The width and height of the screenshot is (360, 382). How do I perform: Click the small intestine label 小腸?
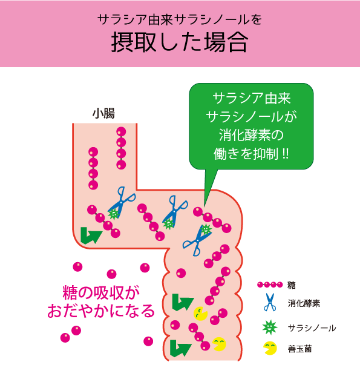pyautogui.click(x=103, y=114)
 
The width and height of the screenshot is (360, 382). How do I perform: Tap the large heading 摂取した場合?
pyautogui.click(x=180, y=42)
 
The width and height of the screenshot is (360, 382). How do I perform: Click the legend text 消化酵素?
pyautogui.click(x=304, y=303)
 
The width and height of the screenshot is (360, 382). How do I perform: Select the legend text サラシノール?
pyautogui.click(x=312, y=328)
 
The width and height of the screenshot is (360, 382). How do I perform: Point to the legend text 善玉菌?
pyautogui.click(x=299, y=349)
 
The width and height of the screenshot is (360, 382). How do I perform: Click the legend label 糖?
pyautogui.click(x=292, y=285)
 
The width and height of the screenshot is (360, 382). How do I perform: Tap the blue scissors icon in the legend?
pyautogui.click(x=270, y=302)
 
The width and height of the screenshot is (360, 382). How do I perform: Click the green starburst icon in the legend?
pyautogui.click(x=270, y=327)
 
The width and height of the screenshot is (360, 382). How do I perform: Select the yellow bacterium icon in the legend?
pyautogui.click(x=270, y=348)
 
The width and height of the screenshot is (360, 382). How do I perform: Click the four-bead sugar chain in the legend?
pyautogui.click(x=270, y=285)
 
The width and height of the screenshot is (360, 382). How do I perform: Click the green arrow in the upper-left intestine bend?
pyautogui.click(x=90, y=235)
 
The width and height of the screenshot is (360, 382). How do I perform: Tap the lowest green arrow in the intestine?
pyautogui.click(x=180, y=348)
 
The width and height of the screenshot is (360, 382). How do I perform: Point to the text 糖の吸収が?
pyautogui.click(x=101, y=293)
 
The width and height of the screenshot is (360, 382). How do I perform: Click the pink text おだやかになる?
pyautogui.click(x=101, y=311)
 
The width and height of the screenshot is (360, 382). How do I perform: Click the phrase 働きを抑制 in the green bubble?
pyautogui.click(x=246, y=154)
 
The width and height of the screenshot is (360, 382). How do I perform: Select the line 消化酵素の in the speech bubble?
pyautogui.click(x=251, y=135)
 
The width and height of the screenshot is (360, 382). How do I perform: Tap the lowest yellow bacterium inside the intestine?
pyautogui.click(x=219, y=344)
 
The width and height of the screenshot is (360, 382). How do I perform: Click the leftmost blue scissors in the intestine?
pyautogui.click(x=120, y=202)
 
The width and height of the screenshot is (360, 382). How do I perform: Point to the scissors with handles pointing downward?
pyautogui.click(x=197, y=240)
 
